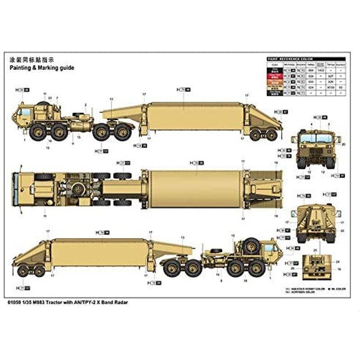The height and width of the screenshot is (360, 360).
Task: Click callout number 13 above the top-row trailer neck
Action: tap(111, 99)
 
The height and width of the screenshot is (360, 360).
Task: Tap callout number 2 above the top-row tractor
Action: tap(85, 104)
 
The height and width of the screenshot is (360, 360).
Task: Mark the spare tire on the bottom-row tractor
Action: tap(251, 246)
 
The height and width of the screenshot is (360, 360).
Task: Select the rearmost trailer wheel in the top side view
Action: tap(271, 135)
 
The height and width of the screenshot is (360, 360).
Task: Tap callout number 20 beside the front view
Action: tap(343, 144)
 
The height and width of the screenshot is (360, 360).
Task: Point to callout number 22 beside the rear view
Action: tap(343, 230)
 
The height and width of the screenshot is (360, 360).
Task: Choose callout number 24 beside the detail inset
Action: tap(338, 261)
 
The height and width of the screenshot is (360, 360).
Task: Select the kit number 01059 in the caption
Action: tap(14, 302)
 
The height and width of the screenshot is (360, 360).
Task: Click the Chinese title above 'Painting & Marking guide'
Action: tap(31, 59)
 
